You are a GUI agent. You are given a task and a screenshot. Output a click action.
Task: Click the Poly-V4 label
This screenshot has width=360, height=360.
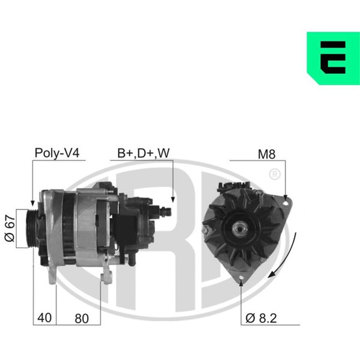(57, 153)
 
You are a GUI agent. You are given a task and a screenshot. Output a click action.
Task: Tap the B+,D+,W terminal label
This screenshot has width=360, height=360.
(143, 153)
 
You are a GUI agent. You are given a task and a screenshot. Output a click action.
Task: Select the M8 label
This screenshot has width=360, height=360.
(266, 154)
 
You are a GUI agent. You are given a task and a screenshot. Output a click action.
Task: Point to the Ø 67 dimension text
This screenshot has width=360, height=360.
(10, 228)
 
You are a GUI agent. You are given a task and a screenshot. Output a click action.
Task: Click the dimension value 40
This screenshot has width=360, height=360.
(44, 318)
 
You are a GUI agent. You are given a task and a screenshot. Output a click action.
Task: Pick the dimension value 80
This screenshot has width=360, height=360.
(82, 319)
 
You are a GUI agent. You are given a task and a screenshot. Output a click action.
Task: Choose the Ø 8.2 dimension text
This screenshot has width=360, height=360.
(261, 318)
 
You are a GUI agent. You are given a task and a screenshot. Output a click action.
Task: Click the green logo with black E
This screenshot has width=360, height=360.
(333, 58)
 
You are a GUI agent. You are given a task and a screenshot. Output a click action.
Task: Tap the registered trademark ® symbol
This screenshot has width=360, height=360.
(275, 175)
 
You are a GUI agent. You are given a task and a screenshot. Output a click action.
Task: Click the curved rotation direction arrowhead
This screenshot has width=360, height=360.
(272, 274)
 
